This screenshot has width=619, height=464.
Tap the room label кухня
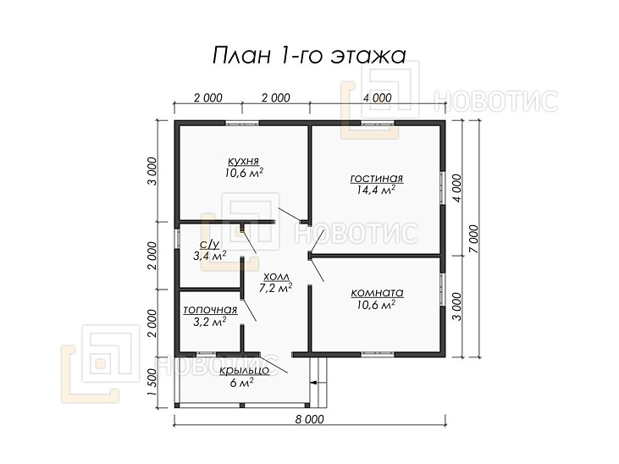click(243, 160)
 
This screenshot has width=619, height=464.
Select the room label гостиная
click(376, 179)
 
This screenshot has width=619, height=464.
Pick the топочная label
click(210, 310)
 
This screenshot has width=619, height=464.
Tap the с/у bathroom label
click(208, 244)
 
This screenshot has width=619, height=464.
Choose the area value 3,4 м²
click(210, 255)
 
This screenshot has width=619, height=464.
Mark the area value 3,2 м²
click(209, 322)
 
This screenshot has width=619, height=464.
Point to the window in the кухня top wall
click(242, 124)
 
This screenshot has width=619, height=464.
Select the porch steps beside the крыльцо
click(318, 381)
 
